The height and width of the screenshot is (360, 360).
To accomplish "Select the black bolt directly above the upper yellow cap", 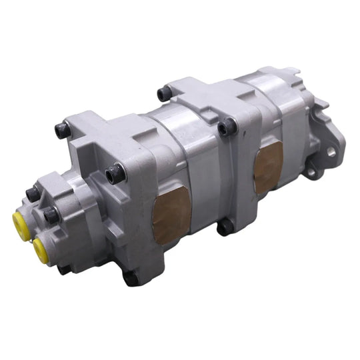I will pos(32,194).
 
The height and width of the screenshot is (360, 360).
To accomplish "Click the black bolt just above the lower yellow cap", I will pos(51,215).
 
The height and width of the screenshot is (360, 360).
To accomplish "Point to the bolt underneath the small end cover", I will pos(64,268).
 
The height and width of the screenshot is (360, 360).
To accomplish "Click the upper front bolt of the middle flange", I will pos(229,126).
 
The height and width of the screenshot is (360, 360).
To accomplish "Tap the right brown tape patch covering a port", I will pos(269,166).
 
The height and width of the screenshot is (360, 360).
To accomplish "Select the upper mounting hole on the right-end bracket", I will pos(331,152).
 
